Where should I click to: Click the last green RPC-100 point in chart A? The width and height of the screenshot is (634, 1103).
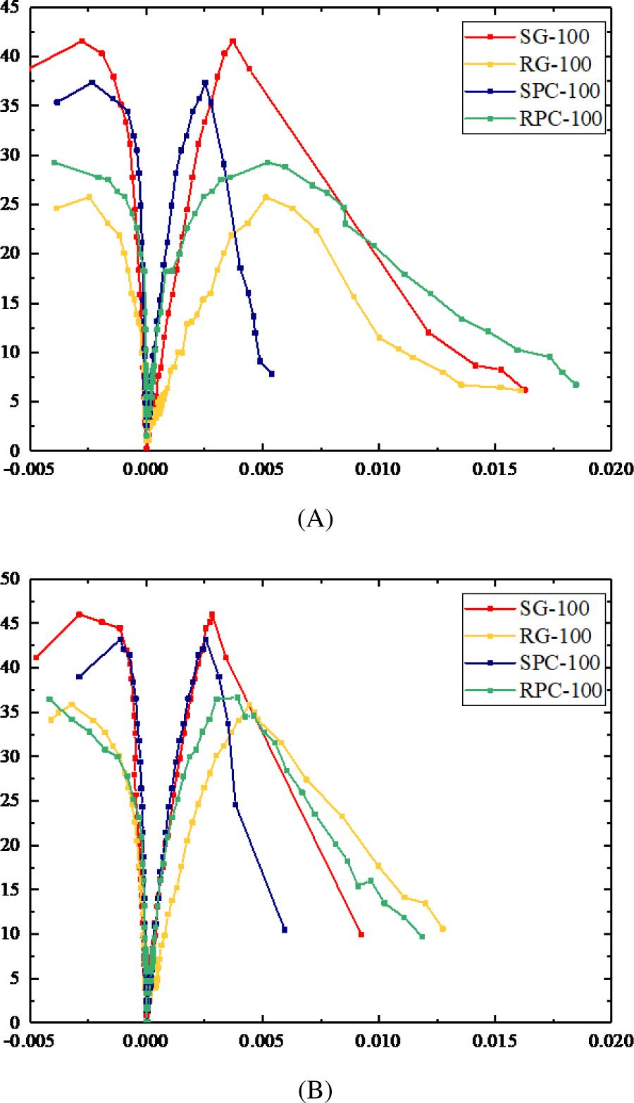coord(576,384)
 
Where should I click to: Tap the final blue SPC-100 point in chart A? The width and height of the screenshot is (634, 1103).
coord(272,374)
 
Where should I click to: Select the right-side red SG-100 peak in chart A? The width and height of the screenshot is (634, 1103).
coord(233,41)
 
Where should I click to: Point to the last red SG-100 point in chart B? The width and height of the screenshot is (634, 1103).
coord(361,934)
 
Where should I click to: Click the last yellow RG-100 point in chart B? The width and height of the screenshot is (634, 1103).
coord(443,929)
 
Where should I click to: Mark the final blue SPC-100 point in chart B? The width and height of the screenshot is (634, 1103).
coord(285,930)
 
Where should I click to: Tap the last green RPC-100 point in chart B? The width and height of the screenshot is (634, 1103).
coord(422,936)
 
